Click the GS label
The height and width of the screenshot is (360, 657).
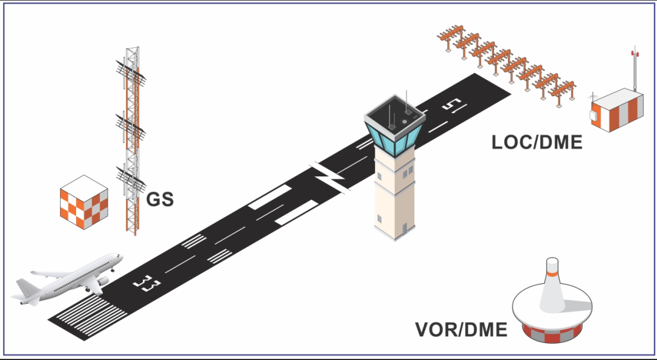(x=160, y=199)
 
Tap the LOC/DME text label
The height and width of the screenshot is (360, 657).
(x=537, y=142)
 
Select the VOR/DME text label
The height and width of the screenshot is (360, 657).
(x=461, y=330)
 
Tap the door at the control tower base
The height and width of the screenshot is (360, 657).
(x=403, y=229)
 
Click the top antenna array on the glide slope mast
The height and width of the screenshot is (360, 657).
(x=131, y=70)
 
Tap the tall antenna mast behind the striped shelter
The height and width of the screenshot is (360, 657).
(x=635, y=70)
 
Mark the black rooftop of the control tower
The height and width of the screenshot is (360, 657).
(x=392, y=115)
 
